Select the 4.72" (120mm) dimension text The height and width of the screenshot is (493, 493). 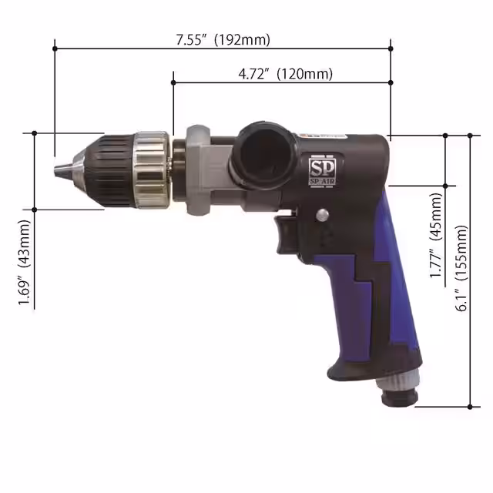285,74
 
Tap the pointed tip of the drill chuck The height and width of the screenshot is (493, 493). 57,168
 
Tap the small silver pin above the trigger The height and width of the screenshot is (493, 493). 321,215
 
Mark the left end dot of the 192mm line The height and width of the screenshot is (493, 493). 55,49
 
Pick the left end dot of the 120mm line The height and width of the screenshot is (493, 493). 173,82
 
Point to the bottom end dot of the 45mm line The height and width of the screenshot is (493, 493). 446,185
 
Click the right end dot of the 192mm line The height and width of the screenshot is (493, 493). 391,49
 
